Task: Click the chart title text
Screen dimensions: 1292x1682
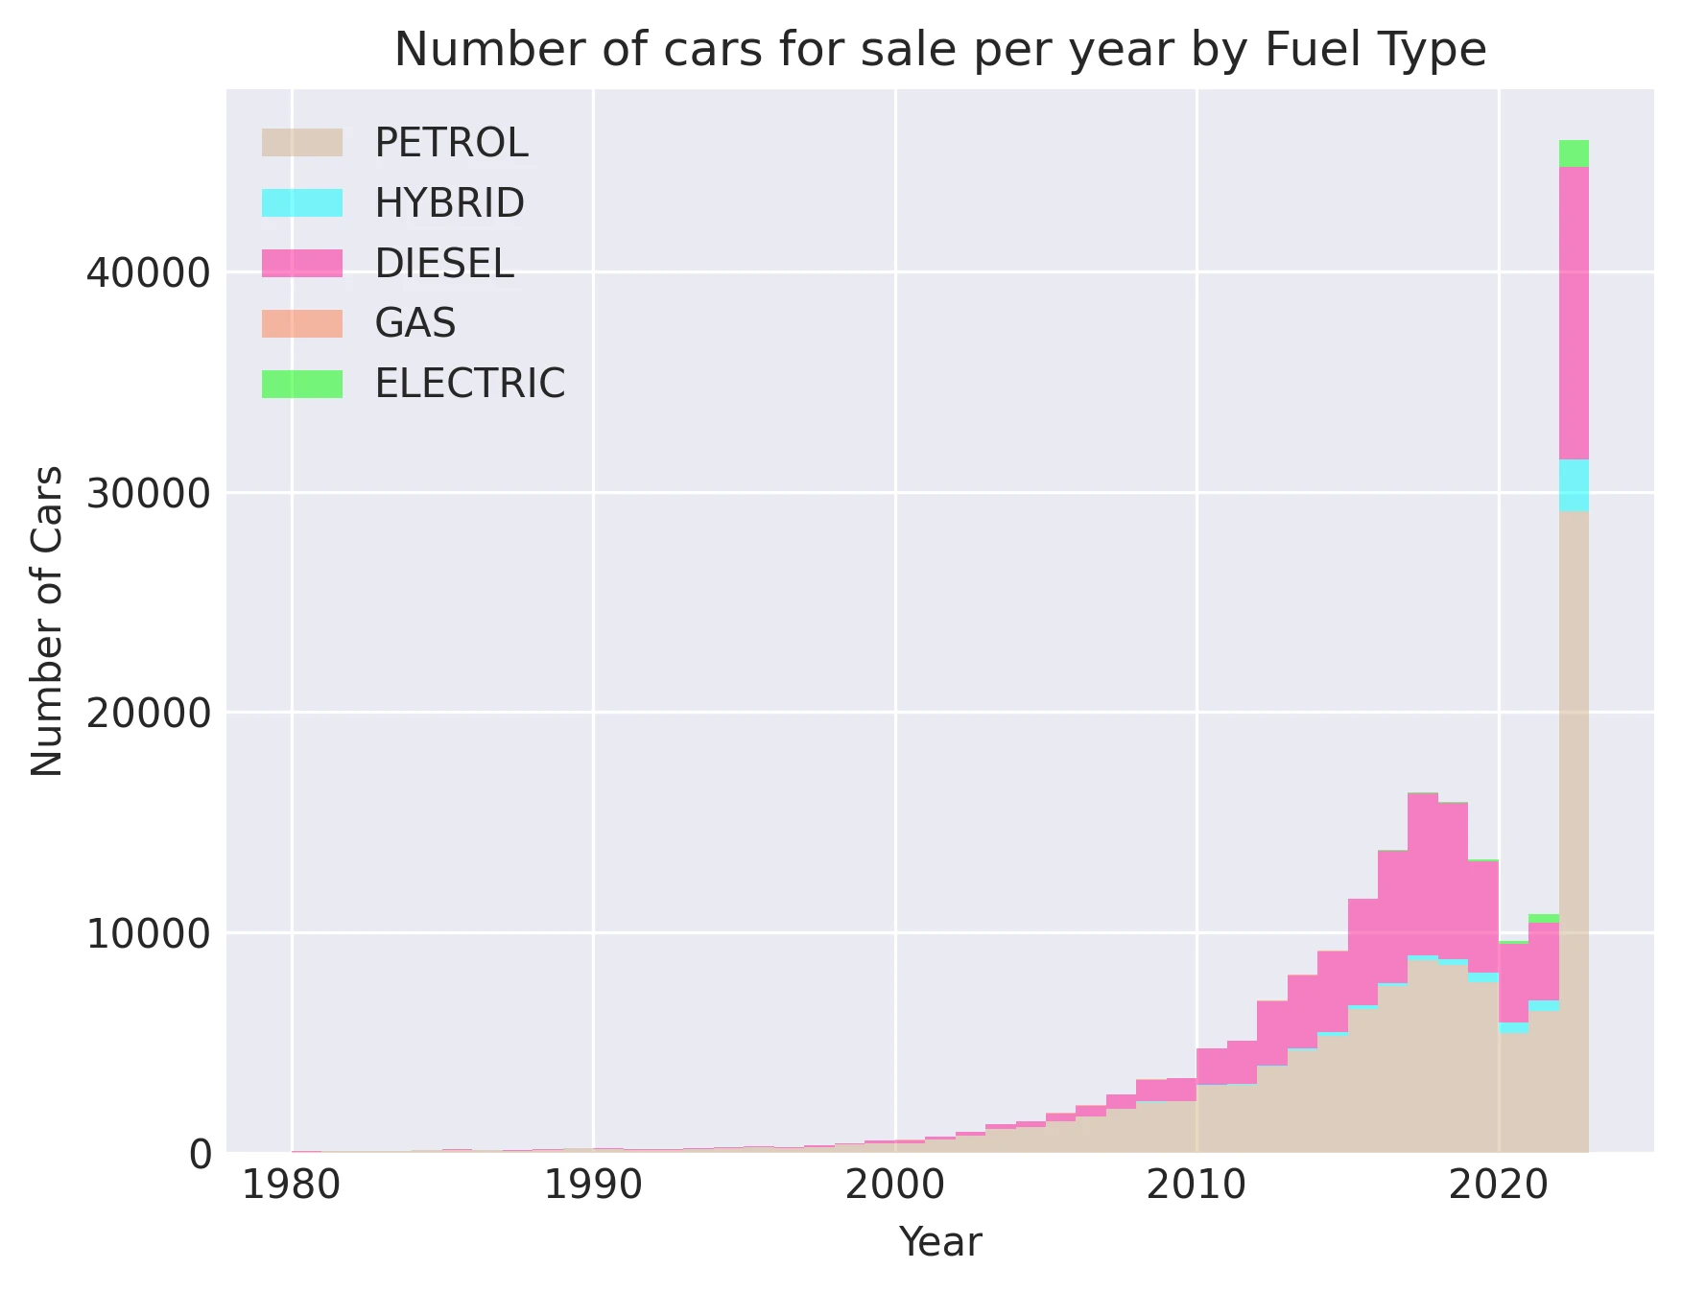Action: (x=939, y=50)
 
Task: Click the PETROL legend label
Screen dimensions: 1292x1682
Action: (x=451, y=143)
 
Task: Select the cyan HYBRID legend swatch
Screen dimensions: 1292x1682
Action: (x=302, y=202)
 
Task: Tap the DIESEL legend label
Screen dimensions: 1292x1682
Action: (x=443, y=263)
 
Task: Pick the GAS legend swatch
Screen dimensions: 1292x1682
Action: (x=302, y=323)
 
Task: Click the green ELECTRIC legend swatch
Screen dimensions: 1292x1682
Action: (x=302, y=384)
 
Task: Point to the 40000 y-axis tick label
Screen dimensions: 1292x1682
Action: (x=148, y=273)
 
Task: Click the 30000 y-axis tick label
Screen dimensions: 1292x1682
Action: (x=148, y=493)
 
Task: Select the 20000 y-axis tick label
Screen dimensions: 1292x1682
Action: (x=148, y=713)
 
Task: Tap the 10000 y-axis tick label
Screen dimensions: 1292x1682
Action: (x=148, y=932)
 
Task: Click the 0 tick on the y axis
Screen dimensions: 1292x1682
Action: (x=200, y=1153)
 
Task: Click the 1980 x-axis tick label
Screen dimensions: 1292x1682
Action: (x=291, y=1186)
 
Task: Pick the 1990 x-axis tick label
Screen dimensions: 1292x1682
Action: (x=593, y=1186)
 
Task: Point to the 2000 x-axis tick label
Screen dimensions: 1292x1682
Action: (x=895, y=1186)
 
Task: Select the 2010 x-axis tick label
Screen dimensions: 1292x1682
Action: (x=1196, y=1186)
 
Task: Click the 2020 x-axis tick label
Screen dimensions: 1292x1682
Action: (x=1498, y=1186)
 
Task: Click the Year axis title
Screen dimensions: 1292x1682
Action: (x=939, y=1242)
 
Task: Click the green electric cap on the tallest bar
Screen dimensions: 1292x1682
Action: (x=1574, y=153)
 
